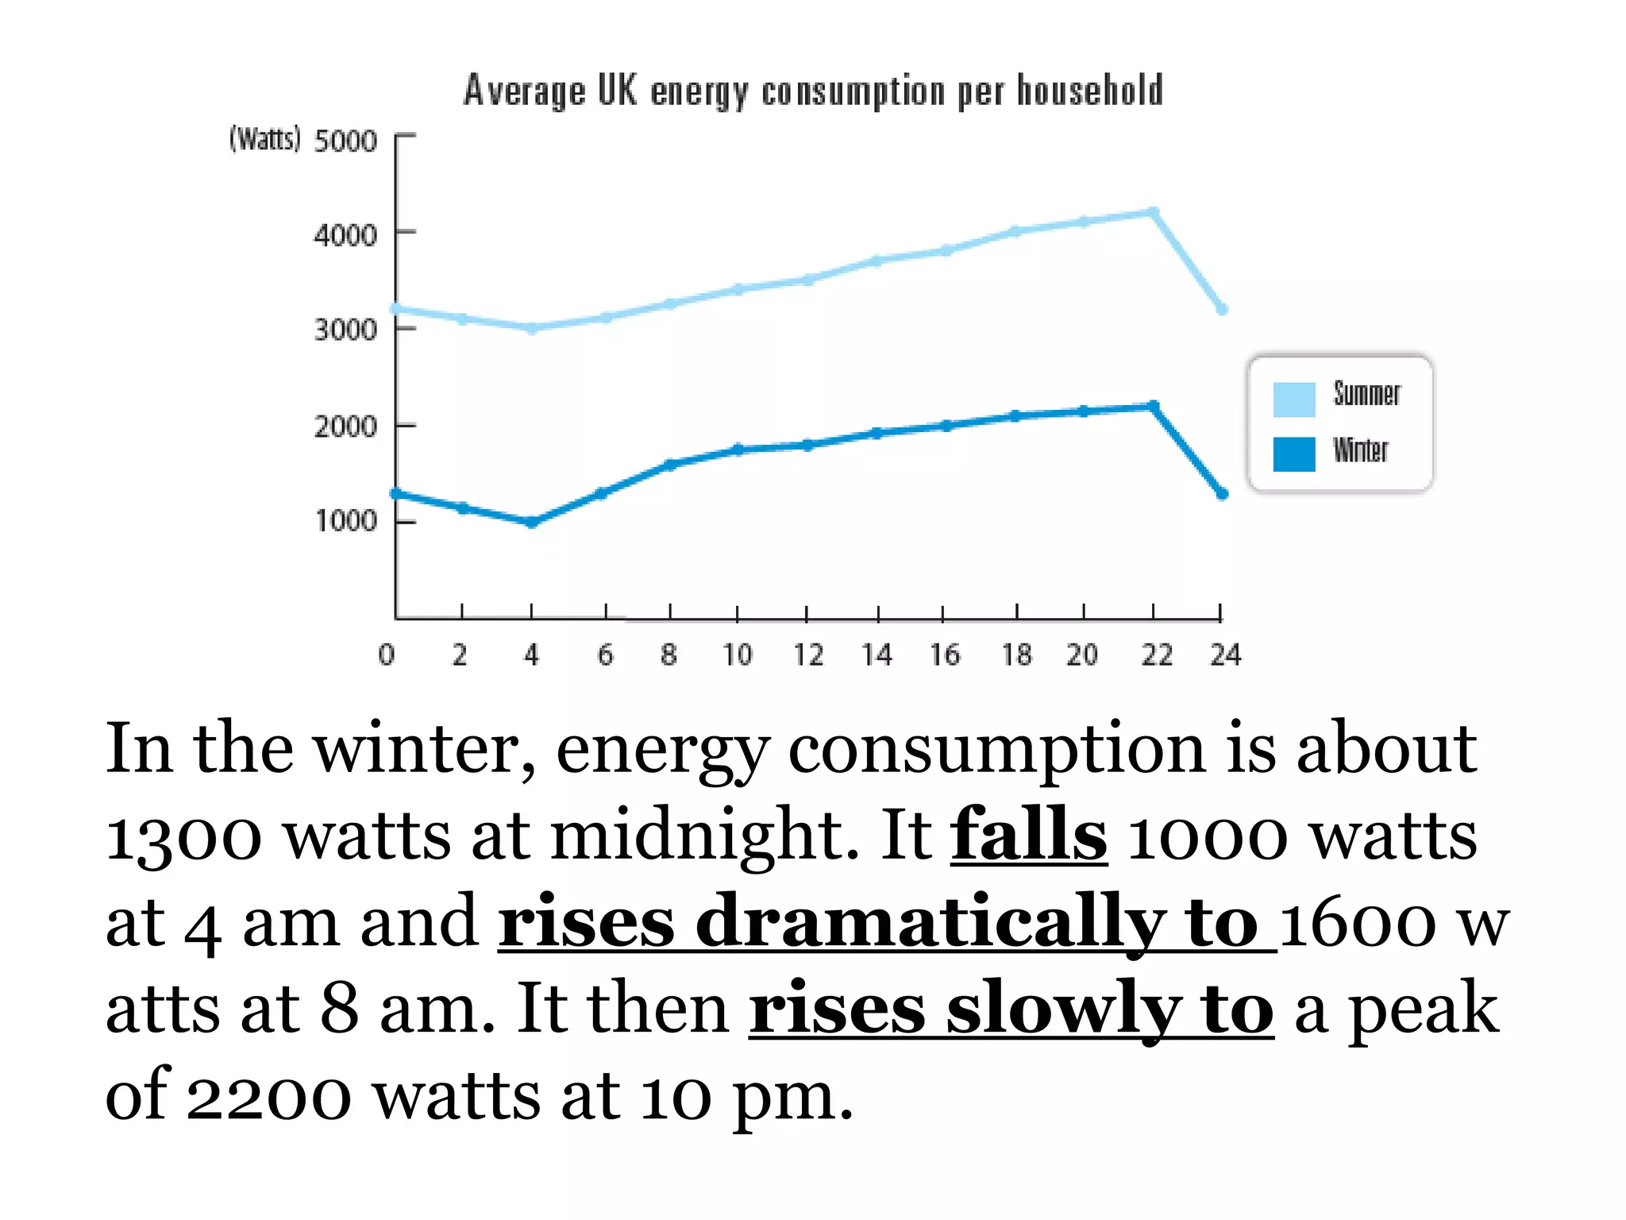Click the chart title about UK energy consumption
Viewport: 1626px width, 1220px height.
click(x=813, y=90)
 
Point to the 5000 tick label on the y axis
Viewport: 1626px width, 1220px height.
click(x=345, y=141)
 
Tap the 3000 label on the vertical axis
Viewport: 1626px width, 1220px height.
click(x=345, y=330)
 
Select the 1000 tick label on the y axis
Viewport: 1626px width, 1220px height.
click(x=345, y=521)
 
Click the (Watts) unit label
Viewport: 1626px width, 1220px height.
click(x=265, y=140)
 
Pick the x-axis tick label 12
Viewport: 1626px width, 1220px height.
click(x=808, y=655)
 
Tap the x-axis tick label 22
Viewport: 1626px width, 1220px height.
click(x=1156, y=655)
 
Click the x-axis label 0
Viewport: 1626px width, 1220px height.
click(x=387, y=655)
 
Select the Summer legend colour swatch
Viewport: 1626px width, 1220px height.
click(x=1293, y=399)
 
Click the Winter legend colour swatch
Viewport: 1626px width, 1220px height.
click(x=1293, y=454)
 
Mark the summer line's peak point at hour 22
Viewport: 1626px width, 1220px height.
click(x=1154, y=212)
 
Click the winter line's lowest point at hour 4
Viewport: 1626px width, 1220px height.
click(x=532, y=522)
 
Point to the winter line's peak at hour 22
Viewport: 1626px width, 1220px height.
click(x=1154, y=406)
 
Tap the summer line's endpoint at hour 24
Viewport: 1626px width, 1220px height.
click(x=1222, y=309)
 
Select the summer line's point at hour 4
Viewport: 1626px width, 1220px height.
click(x=532, y=327)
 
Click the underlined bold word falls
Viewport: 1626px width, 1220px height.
click(x=1028, y=834)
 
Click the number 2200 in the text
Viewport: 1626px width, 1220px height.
click(x=268, y=1096)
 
